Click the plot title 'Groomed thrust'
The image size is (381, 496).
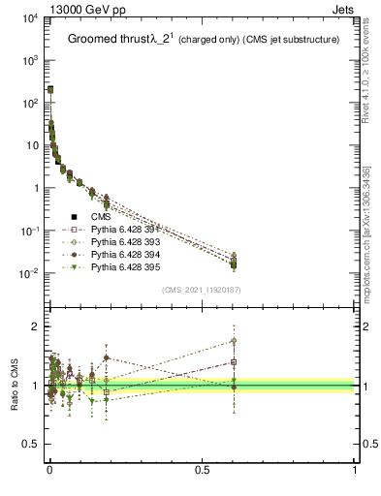[107, 40]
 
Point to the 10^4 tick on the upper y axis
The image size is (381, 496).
[30, 18]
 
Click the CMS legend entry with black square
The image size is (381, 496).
[103, 216]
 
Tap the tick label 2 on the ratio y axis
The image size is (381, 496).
[35, 326]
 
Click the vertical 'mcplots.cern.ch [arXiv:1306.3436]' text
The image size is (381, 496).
[372, 213]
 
